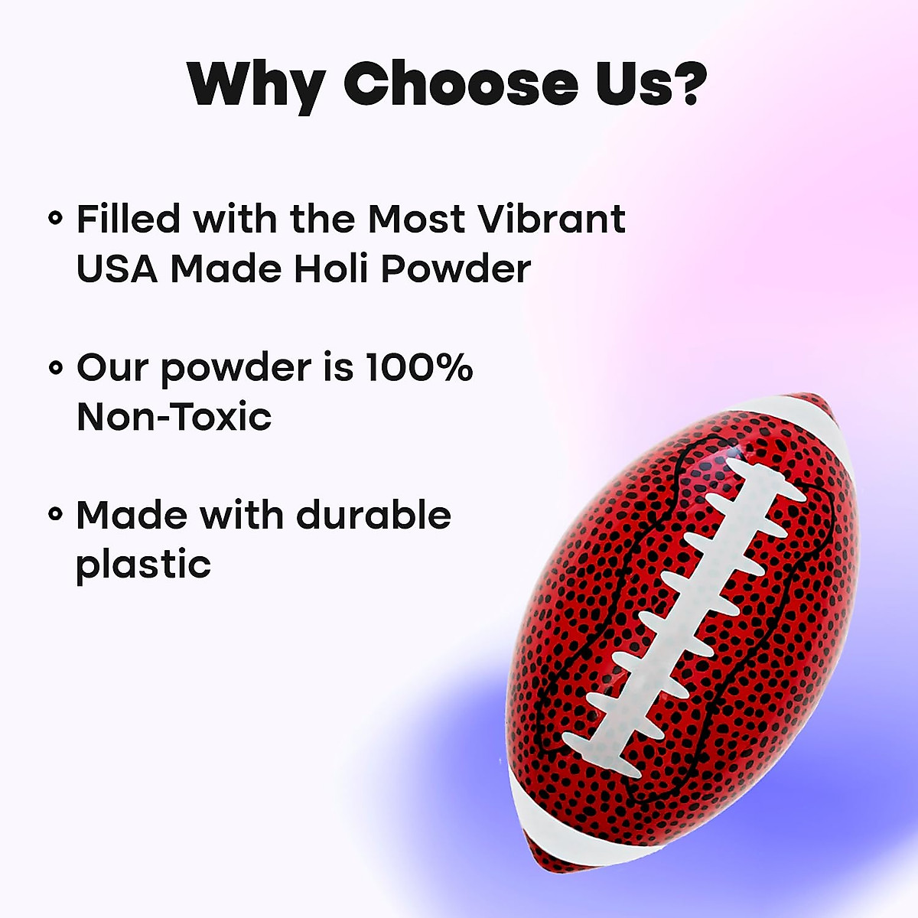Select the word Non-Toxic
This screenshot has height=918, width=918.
174,417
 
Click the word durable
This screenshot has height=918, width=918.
373,515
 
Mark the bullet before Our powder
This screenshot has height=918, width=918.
54,368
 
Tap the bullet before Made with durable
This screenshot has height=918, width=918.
54,515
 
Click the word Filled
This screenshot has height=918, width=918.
129,219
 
